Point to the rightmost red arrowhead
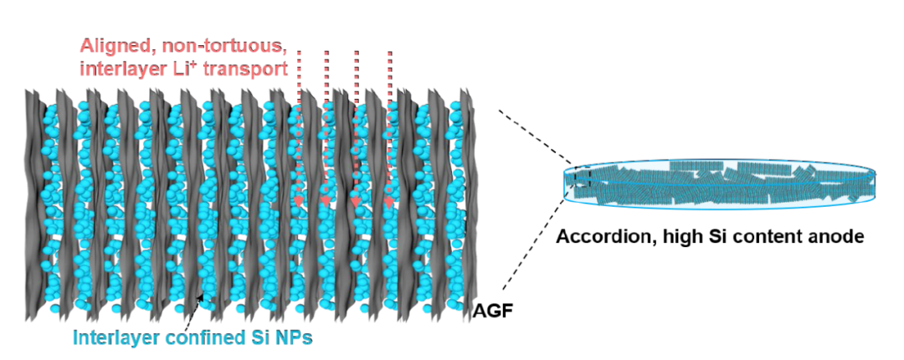(389, 202)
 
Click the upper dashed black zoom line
(536, 137)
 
